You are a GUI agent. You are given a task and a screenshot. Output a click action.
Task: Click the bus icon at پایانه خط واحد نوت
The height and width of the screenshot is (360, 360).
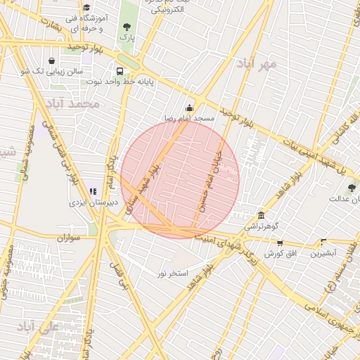tap(120, 71)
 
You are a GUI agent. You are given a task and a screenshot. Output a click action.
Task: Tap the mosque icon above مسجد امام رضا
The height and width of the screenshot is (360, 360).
tap(188, 108)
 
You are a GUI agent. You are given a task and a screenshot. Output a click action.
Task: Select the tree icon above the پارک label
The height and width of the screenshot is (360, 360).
tap(127, 26)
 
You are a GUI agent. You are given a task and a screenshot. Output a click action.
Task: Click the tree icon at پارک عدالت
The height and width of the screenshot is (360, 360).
tap(352, 188)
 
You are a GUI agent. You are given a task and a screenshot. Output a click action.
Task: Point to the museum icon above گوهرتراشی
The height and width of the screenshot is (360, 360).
tap(262, 215)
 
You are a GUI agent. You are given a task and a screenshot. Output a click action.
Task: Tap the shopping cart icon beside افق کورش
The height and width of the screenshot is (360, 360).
tap(281, 243)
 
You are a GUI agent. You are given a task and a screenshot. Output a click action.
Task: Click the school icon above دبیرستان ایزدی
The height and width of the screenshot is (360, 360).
tap(93, 191)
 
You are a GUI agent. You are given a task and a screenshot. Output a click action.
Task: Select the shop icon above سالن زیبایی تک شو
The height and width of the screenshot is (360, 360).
tap(53, 60)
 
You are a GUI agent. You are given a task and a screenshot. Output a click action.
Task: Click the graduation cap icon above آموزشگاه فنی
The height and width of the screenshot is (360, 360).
tap(86, 7)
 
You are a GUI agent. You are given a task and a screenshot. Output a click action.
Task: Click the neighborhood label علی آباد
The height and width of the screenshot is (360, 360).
tap(37, 328)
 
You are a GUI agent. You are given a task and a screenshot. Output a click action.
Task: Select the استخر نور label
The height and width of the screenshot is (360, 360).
tap(172, 273)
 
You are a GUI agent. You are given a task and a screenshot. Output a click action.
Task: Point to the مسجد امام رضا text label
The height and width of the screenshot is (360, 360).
tap(188, 118)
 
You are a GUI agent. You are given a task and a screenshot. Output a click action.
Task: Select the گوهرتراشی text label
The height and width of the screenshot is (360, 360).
tap(261, 226)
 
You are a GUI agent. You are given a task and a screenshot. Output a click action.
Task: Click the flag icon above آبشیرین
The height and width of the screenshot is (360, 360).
tap(323, 242)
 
